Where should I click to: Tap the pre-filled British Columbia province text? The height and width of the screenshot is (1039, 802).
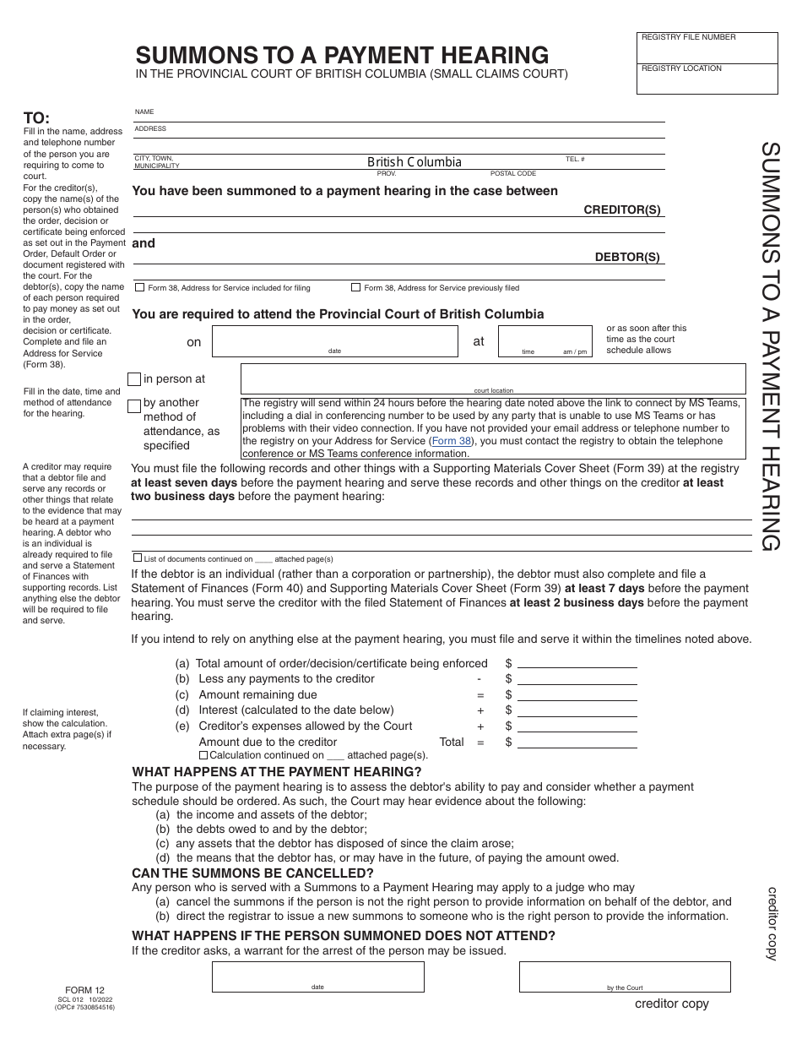(415, 162)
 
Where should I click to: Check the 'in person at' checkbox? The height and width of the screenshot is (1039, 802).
(134, 380)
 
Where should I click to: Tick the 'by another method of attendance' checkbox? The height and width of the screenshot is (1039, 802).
(134, 406)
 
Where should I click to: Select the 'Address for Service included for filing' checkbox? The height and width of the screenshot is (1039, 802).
(139, 288)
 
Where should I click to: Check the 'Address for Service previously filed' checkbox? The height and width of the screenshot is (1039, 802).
(355, 288)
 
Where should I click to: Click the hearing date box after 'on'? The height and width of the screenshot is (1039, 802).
(334, 341)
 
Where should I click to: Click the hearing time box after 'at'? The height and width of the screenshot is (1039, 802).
(545, 341)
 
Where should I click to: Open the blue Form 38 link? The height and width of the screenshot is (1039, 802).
(451, 441)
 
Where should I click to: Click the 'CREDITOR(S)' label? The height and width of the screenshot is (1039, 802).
(622, 210)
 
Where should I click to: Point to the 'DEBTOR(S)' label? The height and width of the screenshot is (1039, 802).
(627, 258)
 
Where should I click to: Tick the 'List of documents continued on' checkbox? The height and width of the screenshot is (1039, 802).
(138, 558)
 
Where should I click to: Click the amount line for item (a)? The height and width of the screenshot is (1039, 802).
(577, 664)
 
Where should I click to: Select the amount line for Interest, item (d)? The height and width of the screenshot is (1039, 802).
(577, 710)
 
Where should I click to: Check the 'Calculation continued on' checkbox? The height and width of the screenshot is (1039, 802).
(203, 755)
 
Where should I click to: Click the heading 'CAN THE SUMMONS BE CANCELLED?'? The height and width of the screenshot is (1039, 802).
(252, 873)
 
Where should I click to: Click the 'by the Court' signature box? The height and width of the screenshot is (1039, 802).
(624, 976)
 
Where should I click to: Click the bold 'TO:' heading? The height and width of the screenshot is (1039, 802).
(36, 118)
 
